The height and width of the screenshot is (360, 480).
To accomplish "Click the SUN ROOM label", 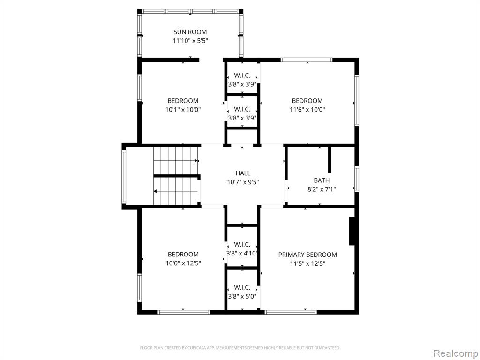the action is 190,32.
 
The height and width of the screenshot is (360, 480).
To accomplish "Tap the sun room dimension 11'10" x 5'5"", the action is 190,41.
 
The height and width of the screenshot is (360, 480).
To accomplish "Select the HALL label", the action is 243,173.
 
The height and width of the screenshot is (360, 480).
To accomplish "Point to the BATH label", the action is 322,180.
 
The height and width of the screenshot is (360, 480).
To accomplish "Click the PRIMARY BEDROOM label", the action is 307,255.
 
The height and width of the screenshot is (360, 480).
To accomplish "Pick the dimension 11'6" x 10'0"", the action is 307,110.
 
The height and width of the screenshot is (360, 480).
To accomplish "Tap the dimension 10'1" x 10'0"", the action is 183,110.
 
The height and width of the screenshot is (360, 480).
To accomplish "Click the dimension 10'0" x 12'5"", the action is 183,263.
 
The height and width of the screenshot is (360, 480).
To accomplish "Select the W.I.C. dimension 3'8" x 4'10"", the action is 242,253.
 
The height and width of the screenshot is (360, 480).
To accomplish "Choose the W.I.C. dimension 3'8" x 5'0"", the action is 242,296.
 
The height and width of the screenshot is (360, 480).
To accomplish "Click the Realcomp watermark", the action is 456,353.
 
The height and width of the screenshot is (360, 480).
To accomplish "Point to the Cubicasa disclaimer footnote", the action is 240,348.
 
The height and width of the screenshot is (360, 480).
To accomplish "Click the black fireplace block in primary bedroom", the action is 352,231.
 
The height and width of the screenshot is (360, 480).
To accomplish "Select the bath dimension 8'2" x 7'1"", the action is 322,189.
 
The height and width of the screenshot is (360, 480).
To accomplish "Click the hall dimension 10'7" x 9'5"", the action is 243,182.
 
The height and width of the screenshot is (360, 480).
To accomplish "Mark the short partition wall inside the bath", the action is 330,159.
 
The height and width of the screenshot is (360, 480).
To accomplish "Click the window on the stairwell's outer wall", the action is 124,177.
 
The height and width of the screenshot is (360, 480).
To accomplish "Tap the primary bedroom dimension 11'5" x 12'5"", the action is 307,263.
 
